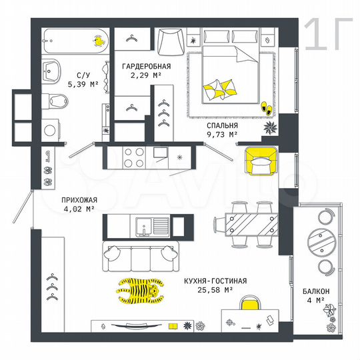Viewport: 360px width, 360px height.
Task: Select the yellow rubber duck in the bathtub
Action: coord(99,42)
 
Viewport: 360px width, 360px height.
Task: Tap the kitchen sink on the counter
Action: coord(146,227)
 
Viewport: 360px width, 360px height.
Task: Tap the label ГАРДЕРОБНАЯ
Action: coord(146,66)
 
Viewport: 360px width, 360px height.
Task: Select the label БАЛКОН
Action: coord(314,291)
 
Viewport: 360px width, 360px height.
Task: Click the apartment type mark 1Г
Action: coord(324,35)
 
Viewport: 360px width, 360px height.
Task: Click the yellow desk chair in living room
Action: coord(249,306)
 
